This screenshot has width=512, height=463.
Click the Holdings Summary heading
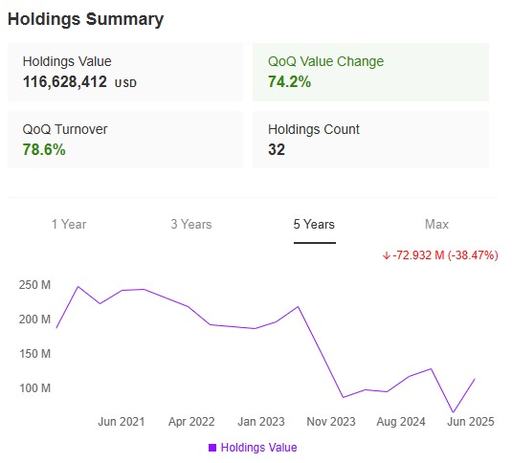tap(85, 19)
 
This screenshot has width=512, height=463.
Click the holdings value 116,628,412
tap(65, 82)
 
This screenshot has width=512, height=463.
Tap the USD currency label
tap(126, 83)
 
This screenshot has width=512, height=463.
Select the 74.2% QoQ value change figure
tap(289, 82)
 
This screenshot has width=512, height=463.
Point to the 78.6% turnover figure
tap(44, 149)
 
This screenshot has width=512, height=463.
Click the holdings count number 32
tap(277, 149)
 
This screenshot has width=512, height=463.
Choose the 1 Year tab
tap(69, 224)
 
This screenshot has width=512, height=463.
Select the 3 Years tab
tap(191, 224)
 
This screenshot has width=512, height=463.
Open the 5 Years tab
tap(314, 224)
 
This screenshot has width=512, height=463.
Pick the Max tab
tap(436, 224)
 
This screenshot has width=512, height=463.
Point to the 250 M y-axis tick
tap(33, 285)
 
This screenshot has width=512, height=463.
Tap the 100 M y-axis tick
tap(33, 388)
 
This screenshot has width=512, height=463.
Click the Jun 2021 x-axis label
tap(122, 421)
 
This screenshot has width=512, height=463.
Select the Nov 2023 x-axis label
tap(331, 421)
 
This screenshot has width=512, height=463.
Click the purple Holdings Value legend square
tap(211, 447)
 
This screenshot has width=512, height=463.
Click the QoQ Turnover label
tap(66, 129)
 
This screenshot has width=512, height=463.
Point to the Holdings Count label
tap(314, 129)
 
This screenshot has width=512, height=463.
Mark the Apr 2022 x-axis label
tap(191, 421)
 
